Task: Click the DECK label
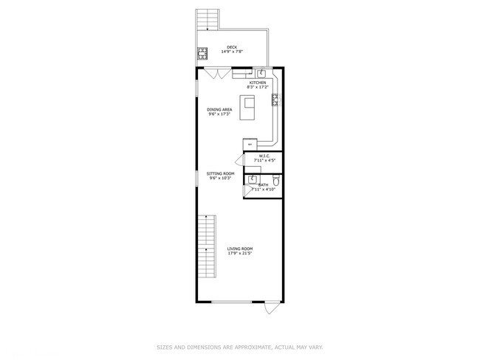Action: [x=232, y=47]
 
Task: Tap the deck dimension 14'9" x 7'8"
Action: [x=232, y=52]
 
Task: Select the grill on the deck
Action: [x=202, y=52]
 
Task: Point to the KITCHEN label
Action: [x=257, y=83]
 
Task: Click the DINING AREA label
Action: [x=219, y=109]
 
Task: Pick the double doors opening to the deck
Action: [x=216, y=72]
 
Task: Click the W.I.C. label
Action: [x=264, y=156]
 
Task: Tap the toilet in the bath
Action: [x=275, y=180]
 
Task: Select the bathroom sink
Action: [x=251, y=179]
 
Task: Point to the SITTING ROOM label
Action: [x=220, y=173]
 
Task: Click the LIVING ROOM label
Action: [x=240, y=249]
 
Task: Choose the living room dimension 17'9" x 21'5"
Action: [x=240, y=254]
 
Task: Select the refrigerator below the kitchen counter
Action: [x=250, y=143]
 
